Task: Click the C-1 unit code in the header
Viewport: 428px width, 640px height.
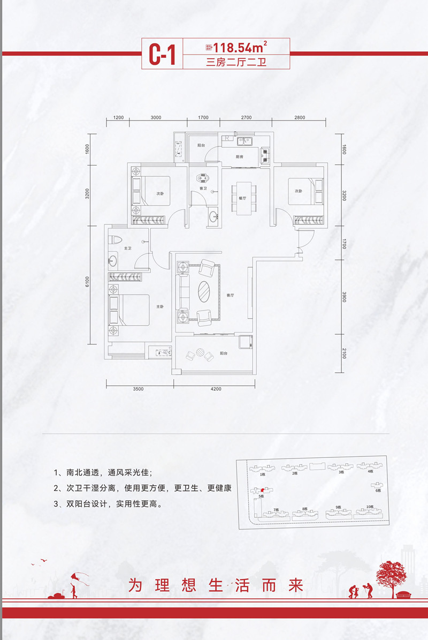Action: (162, 55)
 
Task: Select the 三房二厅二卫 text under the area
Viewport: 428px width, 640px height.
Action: (236, 62)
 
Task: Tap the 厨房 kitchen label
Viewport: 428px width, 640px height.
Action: (240, 157)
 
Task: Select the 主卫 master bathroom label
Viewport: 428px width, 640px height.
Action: (128, 249)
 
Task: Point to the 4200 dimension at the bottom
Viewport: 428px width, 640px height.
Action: (216, 389)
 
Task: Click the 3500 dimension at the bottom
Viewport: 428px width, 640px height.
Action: (138, 389)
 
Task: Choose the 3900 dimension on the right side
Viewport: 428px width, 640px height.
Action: (345, 297)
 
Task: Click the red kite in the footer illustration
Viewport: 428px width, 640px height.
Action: (75, 577)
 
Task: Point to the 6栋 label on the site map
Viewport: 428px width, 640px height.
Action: (377, 490)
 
